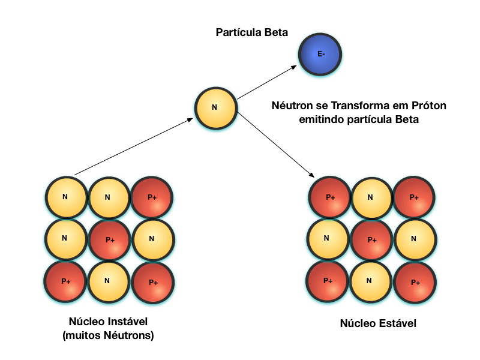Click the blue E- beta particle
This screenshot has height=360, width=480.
tap(321, 55)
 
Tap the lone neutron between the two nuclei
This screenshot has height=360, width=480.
tap(215, 108)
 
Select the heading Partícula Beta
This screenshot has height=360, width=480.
tap(251, 32)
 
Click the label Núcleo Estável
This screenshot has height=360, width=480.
tap(378, 323)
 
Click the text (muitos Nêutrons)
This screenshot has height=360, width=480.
tap(108, 335)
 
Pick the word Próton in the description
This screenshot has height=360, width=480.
tap(430, 106)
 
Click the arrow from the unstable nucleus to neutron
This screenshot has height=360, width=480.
tap(133, 146)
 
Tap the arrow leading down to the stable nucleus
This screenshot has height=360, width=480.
tap(277, 144)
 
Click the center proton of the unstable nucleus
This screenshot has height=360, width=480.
tap(109, 239)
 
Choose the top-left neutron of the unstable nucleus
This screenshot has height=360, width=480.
tap(65, 197)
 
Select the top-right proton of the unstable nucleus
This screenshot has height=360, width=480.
tap(152, 197)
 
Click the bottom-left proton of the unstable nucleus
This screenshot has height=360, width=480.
tap(65, 281)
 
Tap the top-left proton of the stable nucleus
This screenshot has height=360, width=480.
tap(329, 197)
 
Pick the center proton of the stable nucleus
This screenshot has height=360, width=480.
tap(371, 239)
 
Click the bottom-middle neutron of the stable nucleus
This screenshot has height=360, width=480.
tap(370, 281)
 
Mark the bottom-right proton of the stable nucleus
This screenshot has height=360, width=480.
tap(415, 282)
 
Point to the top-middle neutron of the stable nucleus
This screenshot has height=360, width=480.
tap(371, 197)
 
